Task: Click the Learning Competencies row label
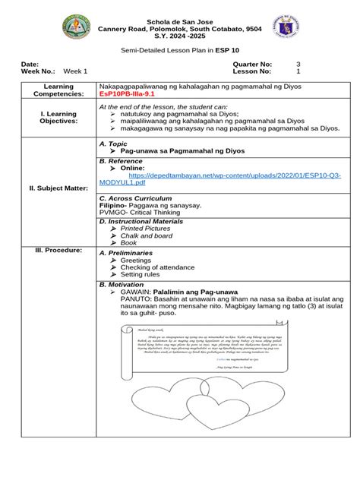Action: click(x=48, y=91)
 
